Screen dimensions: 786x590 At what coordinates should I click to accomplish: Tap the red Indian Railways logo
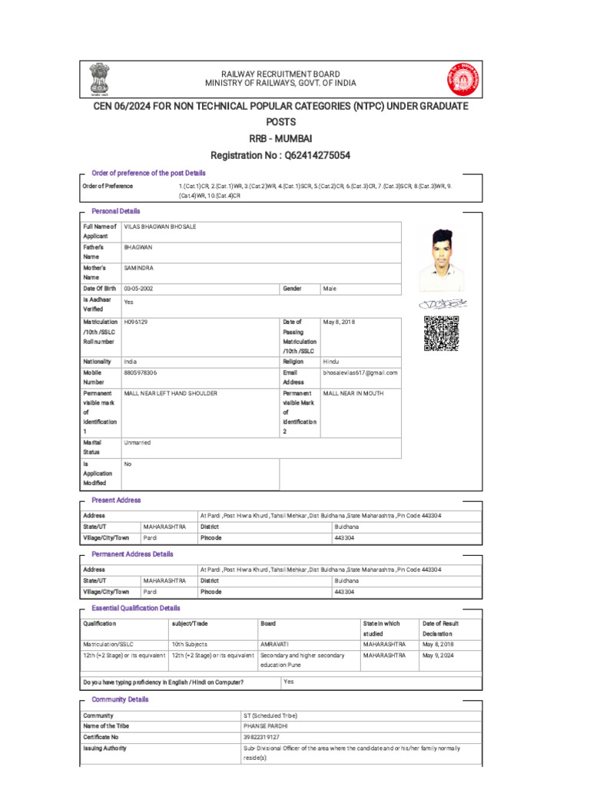[x=462, y=78]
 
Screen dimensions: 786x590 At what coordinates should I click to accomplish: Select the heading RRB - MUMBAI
[x=280, y=138]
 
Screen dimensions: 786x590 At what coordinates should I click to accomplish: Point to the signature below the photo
[x=442, y=305]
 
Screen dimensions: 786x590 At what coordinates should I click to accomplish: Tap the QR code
[x=441, y=334]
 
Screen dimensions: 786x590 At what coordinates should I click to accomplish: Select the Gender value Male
[x=330, y=289]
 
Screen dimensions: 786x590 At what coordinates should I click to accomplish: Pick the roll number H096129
[x=135, y=322]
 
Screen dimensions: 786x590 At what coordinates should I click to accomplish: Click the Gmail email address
[x=360, y=372]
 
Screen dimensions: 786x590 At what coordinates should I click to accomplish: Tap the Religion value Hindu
[x=331, y=361]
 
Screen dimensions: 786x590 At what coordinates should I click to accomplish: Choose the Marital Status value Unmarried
[x=138, y=443]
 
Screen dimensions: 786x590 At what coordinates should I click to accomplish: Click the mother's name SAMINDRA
[x=139, y=268]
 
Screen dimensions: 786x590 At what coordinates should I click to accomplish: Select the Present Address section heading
[x=116, y=500]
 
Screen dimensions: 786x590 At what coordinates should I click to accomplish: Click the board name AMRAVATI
[x=275, y=644]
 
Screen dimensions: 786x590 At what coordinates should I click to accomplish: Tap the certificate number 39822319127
[x=261, y=737]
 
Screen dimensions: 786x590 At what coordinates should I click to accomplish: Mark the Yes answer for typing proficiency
[x=288, y=682]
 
